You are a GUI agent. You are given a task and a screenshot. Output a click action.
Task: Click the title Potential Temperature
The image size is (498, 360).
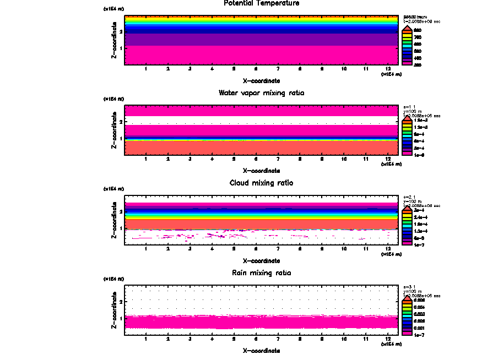262,3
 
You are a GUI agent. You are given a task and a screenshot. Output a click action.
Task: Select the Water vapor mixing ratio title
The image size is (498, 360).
262,93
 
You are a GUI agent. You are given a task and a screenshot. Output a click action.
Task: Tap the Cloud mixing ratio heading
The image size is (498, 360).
262,183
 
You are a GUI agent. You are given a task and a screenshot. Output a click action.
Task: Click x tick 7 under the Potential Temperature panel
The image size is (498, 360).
278,69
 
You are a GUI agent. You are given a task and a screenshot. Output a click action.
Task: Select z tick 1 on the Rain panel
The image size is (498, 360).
121,318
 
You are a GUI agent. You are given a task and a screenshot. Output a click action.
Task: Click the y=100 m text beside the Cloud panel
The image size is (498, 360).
413,201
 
